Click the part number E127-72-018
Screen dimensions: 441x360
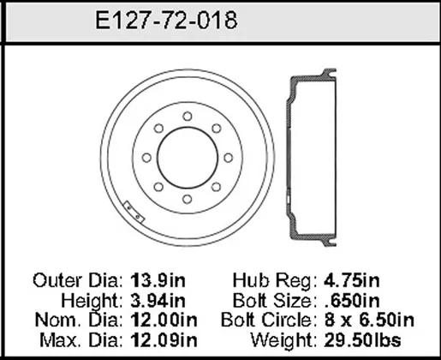166,21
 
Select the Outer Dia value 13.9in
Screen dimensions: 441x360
158,280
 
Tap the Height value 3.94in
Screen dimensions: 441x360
158,301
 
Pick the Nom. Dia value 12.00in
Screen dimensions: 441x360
164,320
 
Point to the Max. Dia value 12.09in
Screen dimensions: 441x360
164,340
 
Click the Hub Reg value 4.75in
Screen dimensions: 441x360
352,280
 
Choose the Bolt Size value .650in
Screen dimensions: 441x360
353,301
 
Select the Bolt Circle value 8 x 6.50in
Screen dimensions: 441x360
369,320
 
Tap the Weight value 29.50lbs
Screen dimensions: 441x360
362,340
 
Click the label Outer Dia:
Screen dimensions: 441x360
78,280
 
